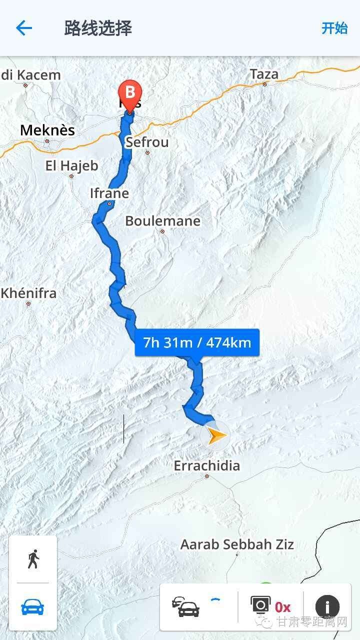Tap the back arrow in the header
(x=23, y=28)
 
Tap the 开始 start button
(x=334, y=28)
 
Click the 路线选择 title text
(x=98, y=28)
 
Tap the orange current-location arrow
(x=216, y=436)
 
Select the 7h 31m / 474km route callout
(x=197, y=343)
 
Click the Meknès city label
(x=47, y=130)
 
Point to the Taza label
(x=264, y=74)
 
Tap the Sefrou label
(x=147, y=142)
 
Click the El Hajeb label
(x=71, y=166)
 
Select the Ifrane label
(x=109, y=193)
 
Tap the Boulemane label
(x=162, y=221)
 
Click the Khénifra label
(x=28, y=293)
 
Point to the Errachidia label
(x=206, y=466)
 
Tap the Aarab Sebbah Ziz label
(x=237, y=544)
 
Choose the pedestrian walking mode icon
(x=33, y=559)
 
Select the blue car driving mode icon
(x=33, y=607)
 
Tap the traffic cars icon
(x=186, y=607)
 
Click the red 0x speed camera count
(x=282, y=607)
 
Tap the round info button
(x=327, y=607)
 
